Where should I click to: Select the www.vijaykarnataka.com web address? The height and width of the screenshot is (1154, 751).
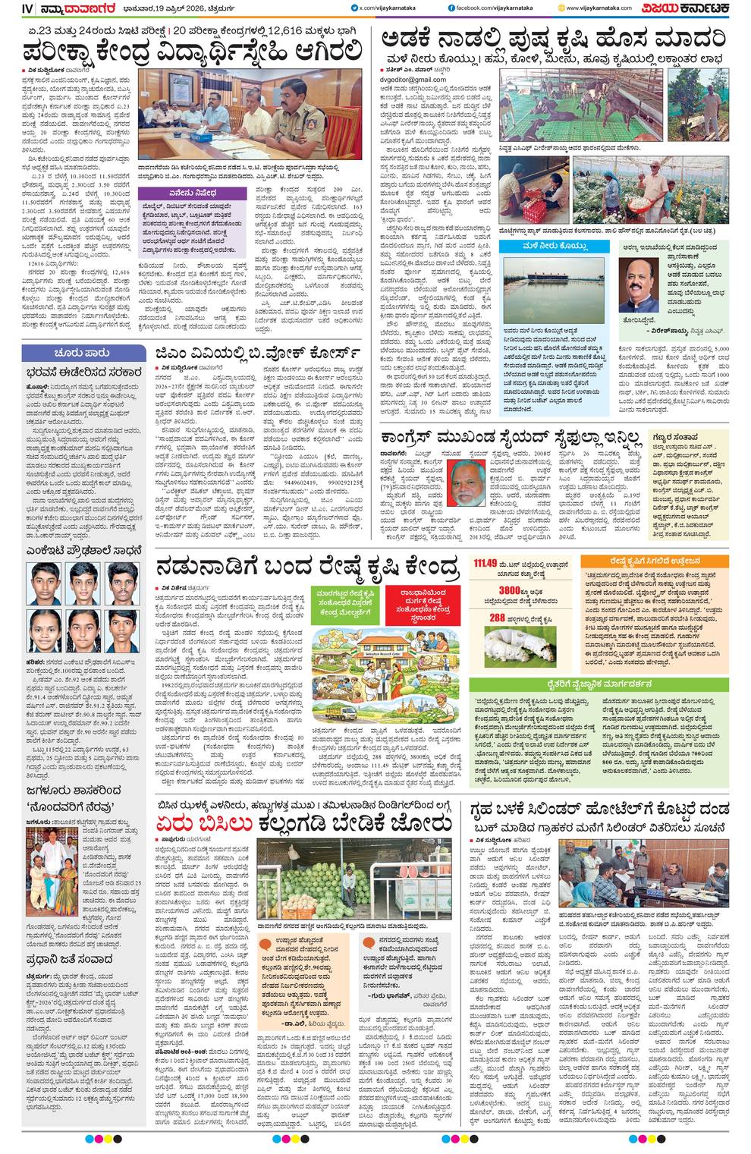[x=598, y=8]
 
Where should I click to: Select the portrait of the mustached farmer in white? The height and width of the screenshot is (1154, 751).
[x=637, y=285]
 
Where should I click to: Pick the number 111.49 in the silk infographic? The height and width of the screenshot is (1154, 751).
[x=485, y=564]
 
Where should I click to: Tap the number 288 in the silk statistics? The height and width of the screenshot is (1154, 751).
[x=497, y=618]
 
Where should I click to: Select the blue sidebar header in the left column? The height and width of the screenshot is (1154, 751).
[x=82, y=353]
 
